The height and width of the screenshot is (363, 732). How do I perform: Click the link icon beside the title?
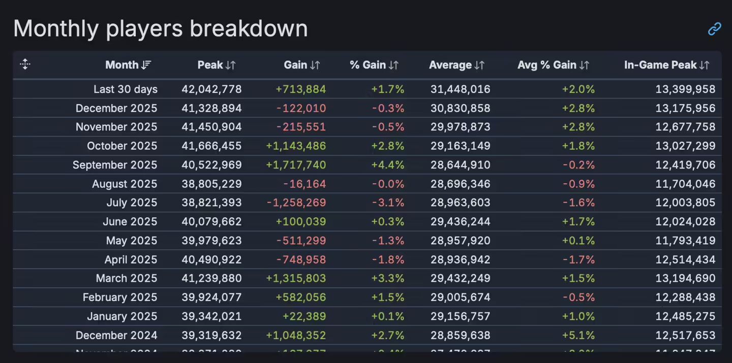[x=714, y=29]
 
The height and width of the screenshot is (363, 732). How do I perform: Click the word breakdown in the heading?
[x=249, y=28]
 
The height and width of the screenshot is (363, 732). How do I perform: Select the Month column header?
[x=122, y=65]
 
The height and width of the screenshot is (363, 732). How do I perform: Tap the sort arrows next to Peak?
[x=231, y=65]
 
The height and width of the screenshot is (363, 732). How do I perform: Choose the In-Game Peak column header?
[x=660, y=65]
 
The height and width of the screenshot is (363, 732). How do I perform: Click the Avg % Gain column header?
[x=547, y=65]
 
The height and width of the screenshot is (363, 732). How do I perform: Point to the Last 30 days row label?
[x=126, y=89]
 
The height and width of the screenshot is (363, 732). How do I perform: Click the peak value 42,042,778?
[x=211, y=89]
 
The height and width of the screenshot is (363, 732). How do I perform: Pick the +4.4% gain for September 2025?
[x=388, y=165]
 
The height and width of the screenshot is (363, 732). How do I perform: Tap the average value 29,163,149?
[x=460, y=146]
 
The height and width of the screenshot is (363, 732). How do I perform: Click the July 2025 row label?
[x=132, y=203]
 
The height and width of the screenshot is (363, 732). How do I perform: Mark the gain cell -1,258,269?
[x=296, y=203]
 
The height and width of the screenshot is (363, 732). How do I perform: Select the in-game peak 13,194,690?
[x=685, y=279]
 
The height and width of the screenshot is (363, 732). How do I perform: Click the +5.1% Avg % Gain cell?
[x=578, y=336]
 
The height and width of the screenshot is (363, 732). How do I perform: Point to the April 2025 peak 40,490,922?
[x=211, y=260]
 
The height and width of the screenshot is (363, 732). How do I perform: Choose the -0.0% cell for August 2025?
[x=388, y=184]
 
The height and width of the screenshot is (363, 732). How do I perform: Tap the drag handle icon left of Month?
[x=25, y=64]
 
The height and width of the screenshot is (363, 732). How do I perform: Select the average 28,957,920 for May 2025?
[x=460, y=241]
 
